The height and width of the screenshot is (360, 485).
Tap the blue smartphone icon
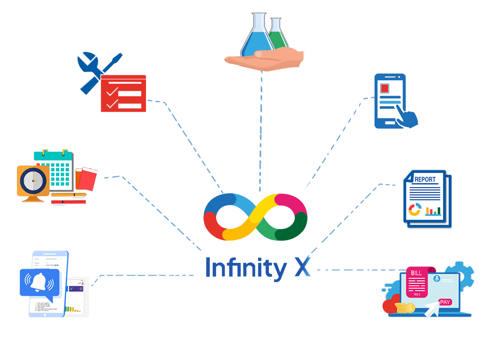pyautogui.click(x=390, y=101)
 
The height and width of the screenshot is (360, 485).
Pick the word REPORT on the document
pyautogui.click(x=425, y=179)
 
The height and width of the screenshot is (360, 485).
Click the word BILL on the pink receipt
pyautogui.click(x=416, y=273)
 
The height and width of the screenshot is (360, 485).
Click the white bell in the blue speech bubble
pyautogui.click(x=39, y=282)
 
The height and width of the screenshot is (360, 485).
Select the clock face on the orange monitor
pyautogui.click(x=33, y=181)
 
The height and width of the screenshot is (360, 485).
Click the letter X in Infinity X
pyautogui.click(x=302, y=267)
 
